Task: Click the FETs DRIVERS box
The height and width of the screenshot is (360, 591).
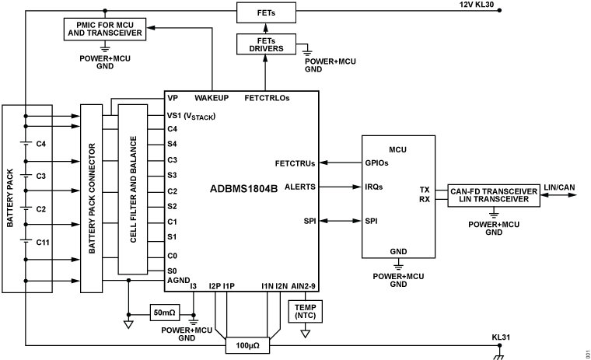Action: tap(265, 44)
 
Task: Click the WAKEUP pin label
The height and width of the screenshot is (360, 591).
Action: tap(212, 99)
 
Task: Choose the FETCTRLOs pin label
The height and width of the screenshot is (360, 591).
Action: tap(267, 99)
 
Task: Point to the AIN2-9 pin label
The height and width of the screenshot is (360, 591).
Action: tap(302, 286)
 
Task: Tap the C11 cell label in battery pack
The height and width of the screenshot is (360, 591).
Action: tap(43, 243)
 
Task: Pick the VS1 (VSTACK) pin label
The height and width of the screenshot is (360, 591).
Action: tap(191, 116)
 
